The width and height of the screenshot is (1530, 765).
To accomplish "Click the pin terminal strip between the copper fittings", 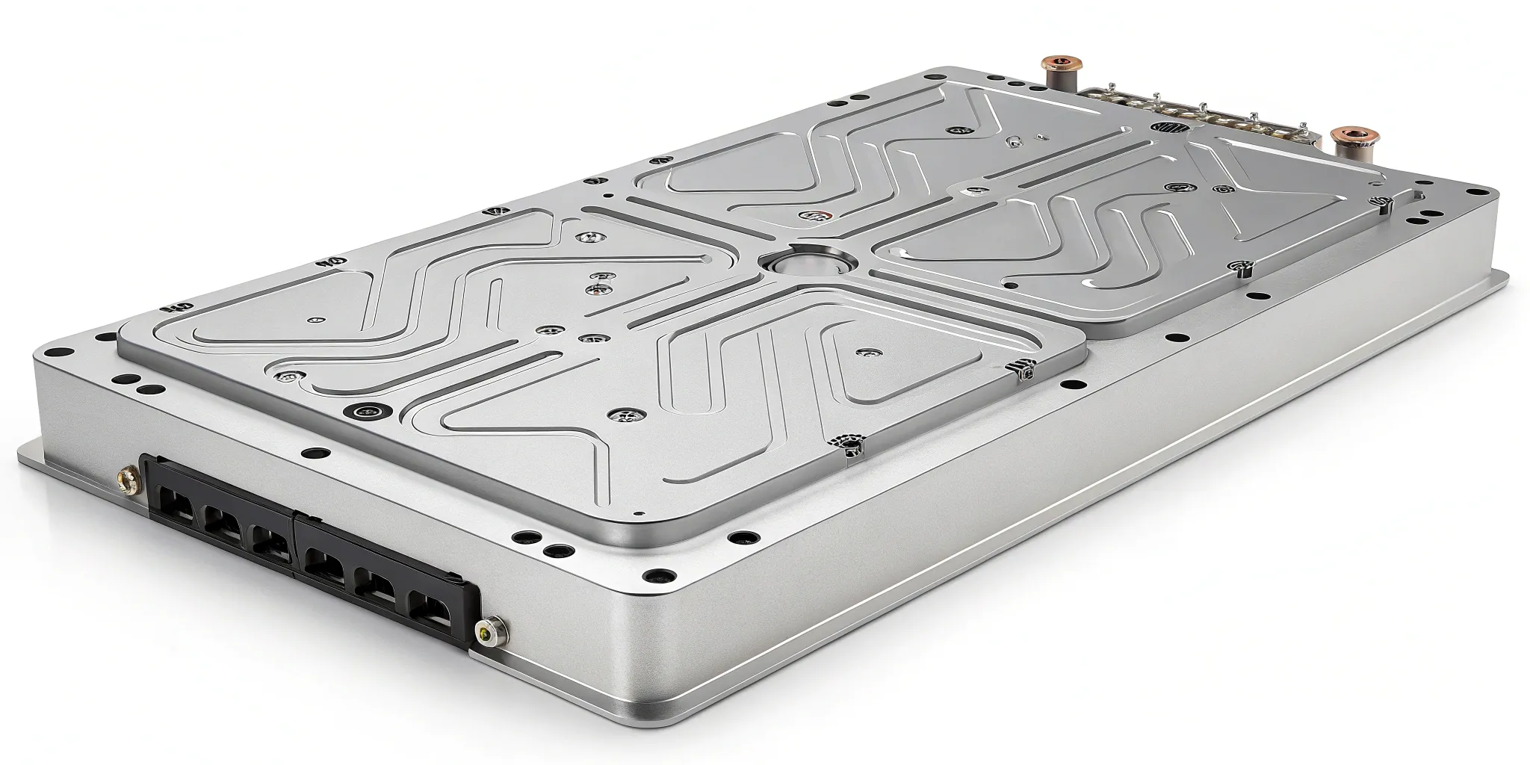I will pyautogui.click(x=1195, y=112).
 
